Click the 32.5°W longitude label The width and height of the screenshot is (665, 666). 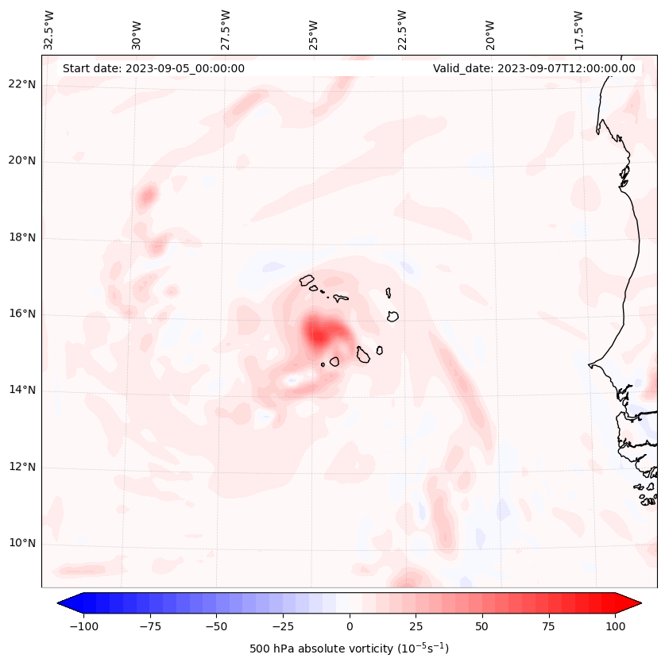[49, 30]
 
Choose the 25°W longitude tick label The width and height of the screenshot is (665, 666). [315, 30]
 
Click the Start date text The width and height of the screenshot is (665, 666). [153, 68]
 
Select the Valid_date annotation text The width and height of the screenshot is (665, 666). [534, 68]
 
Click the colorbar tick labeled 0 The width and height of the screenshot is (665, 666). [349, 626]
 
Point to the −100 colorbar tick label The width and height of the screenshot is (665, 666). [83, 626]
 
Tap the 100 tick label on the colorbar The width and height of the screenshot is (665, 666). [615, 626]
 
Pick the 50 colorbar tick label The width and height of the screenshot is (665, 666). [482, 626]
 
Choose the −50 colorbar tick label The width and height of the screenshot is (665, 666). [216, 626]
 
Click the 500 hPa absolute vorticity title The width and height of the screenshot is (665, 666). [349, 649]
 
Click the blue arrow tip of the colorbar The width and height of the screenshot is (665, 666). [64, 604]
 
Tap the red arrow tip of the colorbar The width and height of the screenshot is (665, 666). [635, 604]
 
